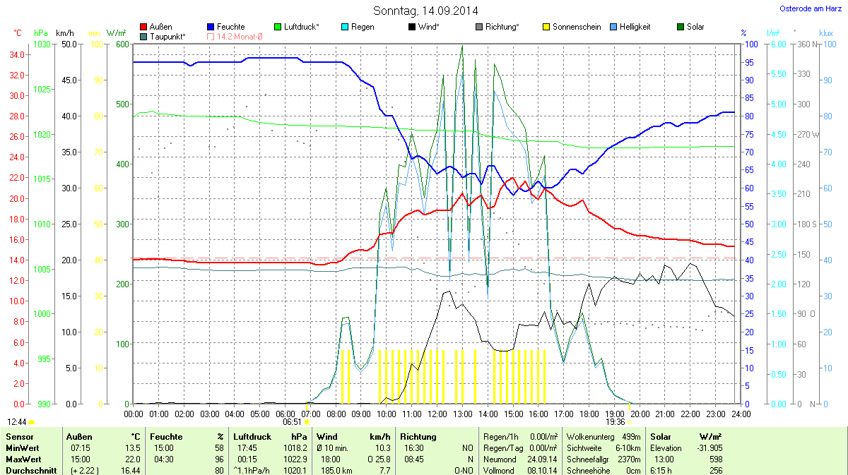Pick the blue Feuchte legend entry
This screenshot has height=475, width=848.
pos(225,27)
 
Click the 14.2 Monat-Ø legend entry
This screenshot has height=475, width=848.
pos(234,36)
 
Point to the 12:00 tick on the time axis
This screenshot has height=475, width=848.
pos(437,414)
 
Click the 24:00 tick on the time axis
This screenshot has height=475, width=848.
pos(741,414)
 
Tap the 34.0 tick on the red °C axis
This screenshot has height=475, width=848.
pos(16,55)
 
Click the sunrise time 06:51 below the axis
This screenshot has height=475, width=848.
pos(293,421)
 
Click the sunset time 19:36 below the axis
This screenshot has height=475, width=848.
pos(616,421)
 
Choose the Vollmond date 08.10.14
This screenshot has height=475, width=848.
pos(537,469)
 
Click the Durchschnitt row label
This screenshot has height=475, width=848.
pos(31,469)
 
